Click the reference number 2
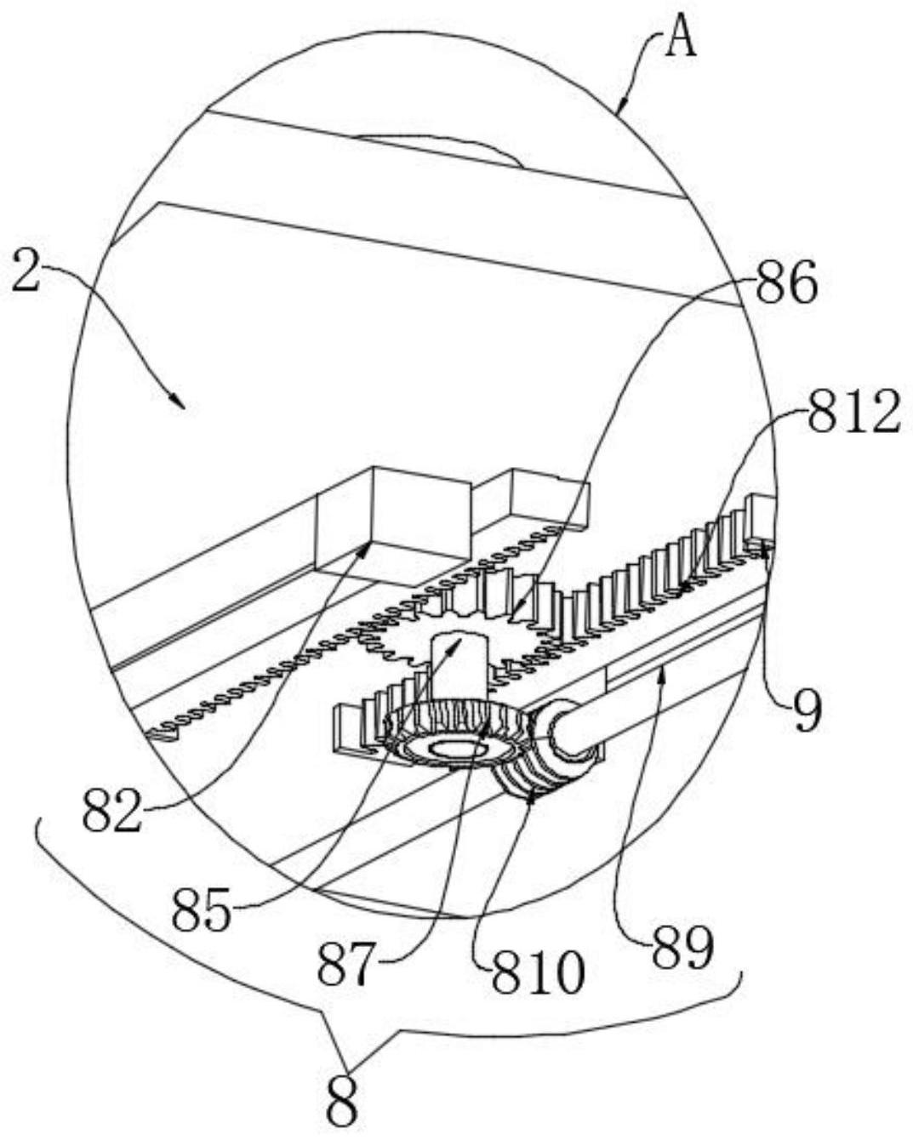coord(26,271)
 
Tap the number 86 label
coord(786,283)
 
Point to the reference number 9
coord(807,710)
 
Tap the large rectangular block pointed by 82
coord(393,523)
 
